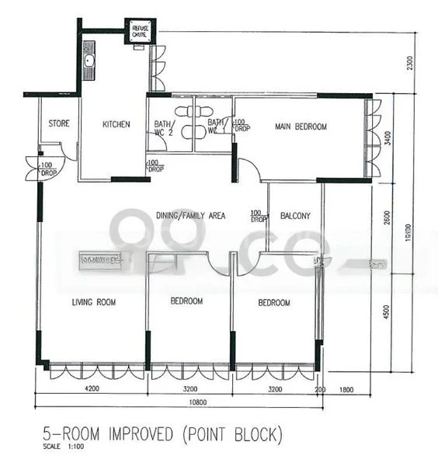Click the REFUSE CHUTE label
[140, 30]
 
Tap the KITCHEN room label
[116, 124]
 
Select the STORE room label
[59, 123]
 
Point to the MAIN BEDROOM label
[301, 127]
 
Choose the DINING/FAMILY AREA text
[190, 216]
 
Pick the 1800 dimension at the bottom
[346, 390]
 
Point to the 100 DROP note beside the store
[47, 169]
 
